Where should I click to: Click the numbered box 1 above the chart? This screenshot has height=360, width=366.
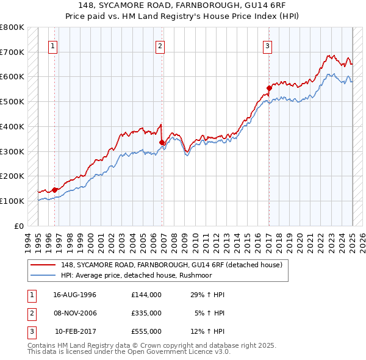pyautogui.click(x=53, y=45)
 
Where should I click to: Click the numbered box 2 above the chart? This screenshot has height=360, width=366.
pyautogui.click(x=160, y=45)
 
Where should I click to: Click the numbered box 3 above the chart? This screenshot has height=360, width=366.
pyautogui.click(x=267, y=45)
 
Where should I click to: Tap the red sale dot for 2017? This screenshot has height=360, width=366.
pyautogui.click(x=269, y=88)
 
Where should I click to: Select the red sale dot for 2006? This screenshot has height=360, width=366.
pyautogui.click(x=162, y=143)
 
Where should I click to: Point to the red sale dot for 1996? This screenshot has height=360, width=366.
pyautogui.click(x=54, y=190)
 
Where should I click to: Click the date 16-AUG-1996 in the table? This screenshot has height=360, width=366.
pyautogui.click(x=75, y=295)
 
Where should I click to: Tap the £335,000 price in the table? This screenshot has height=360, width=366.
pyautogui.click(x=146, y=313)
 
